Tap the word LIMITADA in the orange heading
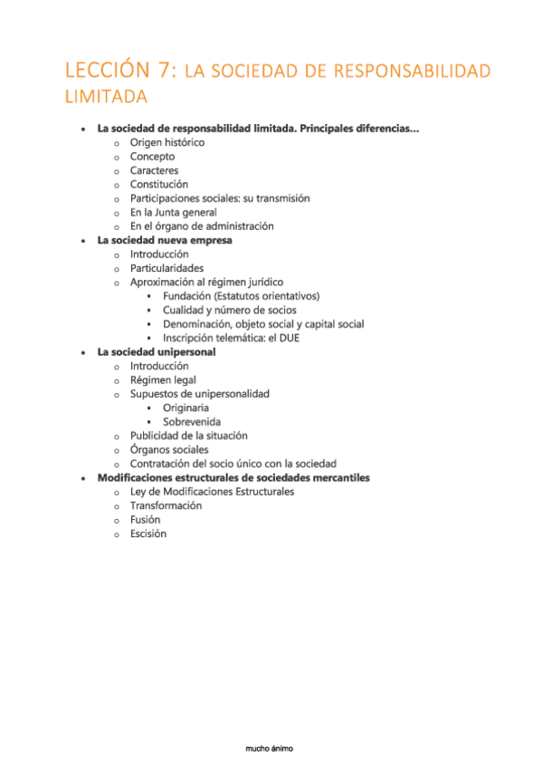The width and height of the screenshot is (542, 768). tap(108, 96)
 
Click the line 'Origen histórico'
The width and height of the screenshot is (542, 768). tap(166, 142)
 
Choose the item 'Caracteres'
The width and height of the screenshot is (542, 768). tap(154, 170)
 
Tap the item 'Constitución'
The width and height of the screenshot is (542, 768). tap(158, 184)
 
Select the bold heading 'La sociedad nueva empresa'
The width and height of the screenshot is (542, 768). tap(165, 240)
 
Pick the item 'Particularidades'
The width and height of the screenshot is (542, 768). tap(166, 268)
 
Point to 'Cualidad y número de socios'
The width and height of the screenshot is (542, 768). tap(229, 310)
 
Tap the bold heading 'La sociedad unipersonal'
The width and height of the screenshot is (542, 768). tap(157, 351)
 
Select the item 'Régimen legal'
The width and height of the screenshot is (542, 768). tap(163, 379)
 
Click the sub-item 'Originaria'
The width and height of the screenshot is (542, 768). tap(185, 408)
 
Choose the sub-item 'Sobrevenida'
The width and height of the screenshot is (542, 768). tap(191, 421)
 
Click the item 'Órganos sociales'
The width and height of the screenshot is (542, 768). tap(168, 449)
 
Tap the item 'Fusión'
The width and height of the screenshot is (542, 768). tap(145, 520)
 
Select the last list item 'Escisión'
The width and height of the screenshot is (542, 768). tap(147, 533)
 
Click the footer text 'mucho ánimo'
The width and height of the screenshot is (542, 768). tap(270, 748)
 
